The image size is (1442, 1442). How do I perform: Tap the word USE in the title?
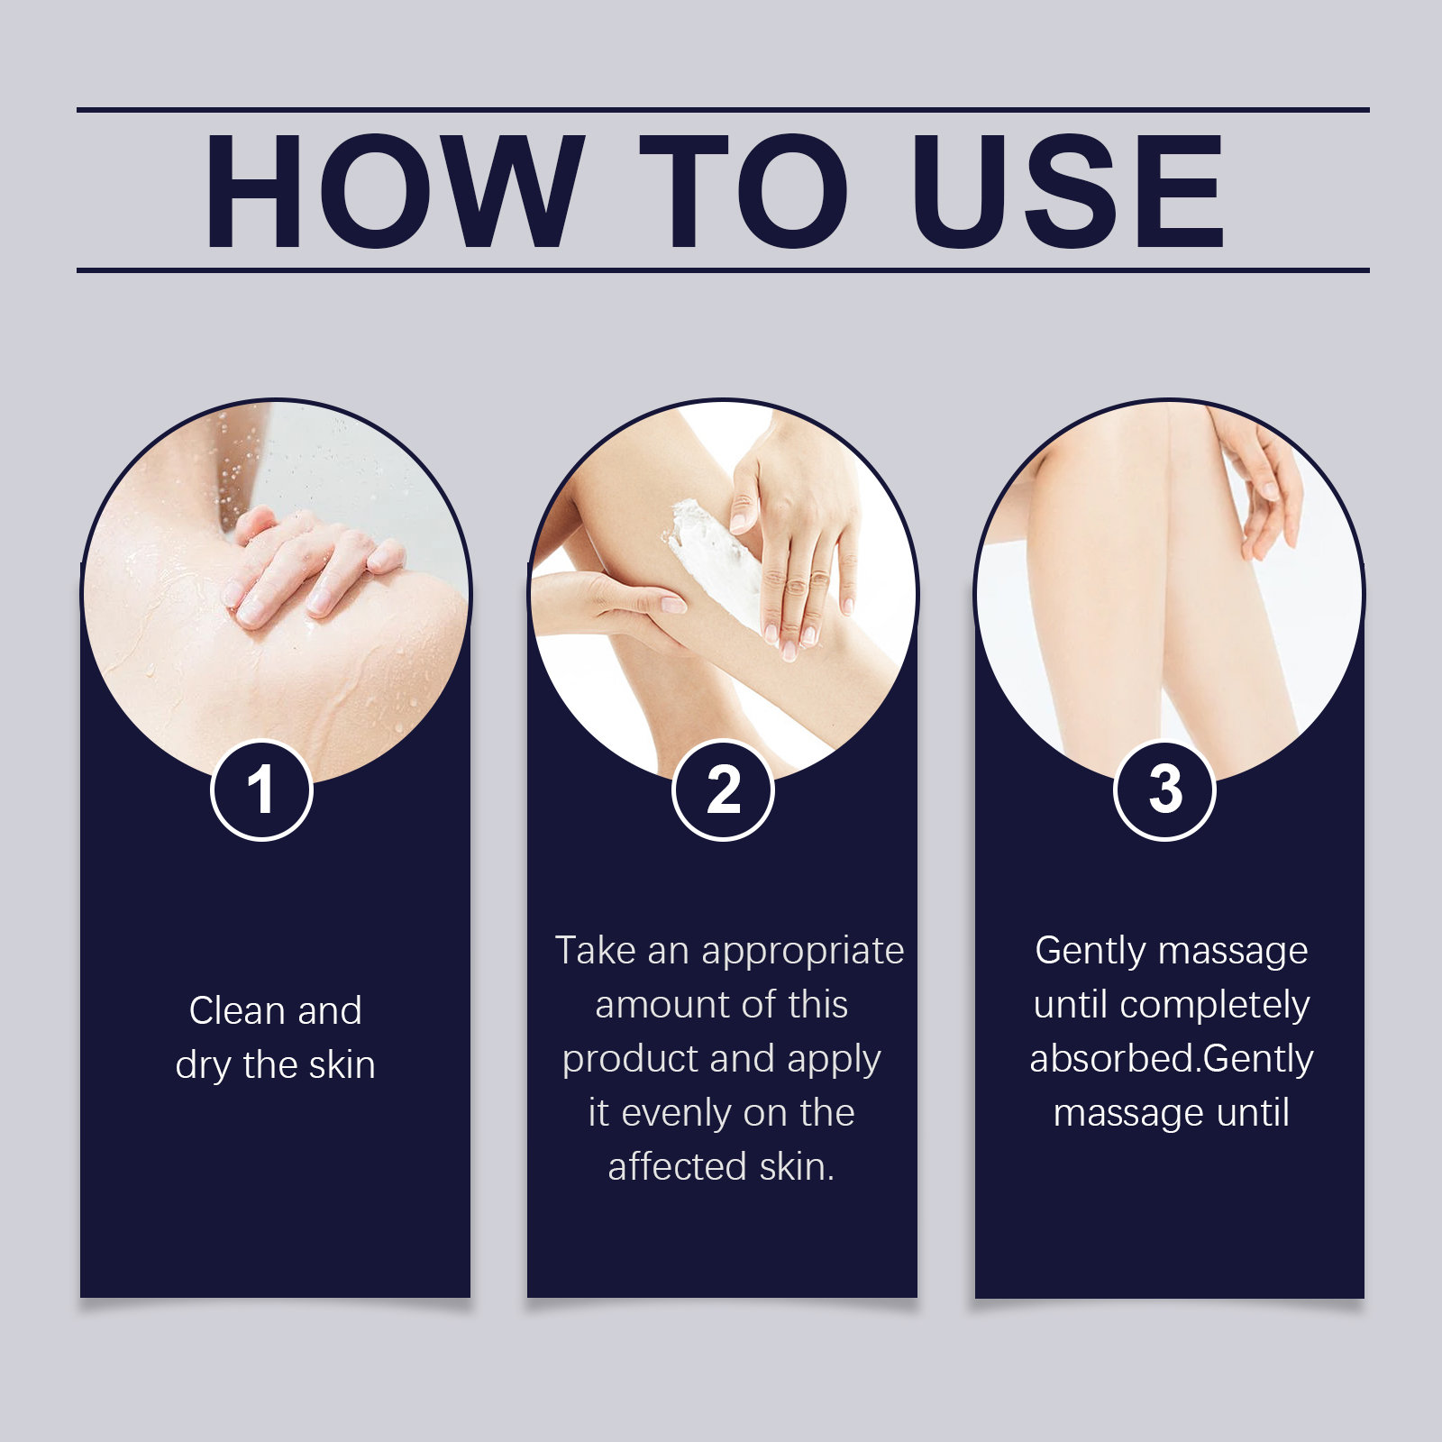coord(1068,190)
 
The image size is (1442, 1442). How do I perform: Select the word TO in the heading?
coord(743,190)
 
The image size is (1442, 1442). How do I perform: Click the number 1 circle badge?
coord(261,790)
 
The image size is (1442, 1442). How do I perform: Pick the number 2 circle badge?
coord(723,790)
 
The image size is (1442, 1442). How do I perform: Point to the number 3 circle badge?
coord(1165,790)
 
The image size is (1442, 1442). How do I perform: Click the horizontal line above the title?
coord(723,110)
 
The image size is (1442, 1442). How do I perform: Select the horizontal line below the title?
coord(723,269)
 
